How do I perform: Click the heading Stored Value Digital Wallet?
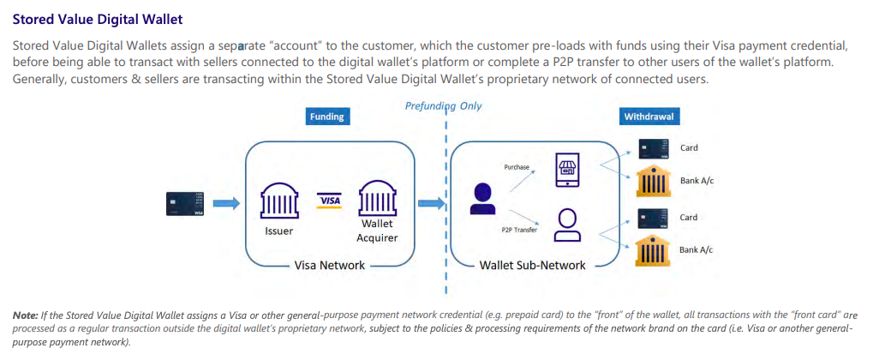97,18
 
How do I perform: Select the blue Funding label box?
326,117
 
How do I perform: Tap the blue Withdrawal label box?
648,117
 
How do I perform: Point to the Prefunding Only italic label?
443,106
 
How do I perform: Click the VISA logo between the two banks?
329,200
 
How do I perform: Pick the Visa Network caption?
329,265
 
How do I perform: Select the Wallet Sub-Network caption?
532,265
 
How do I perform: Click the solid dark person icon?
481,199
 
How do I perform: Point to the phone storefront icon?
567,169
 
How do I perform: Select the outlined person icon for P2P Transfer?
566,225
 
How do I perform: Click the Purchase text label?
517,168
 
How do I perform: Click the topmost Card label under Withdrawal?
689,147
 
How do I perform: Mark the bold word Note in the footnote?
24,315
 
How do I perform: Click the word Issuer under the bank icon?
279,231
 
